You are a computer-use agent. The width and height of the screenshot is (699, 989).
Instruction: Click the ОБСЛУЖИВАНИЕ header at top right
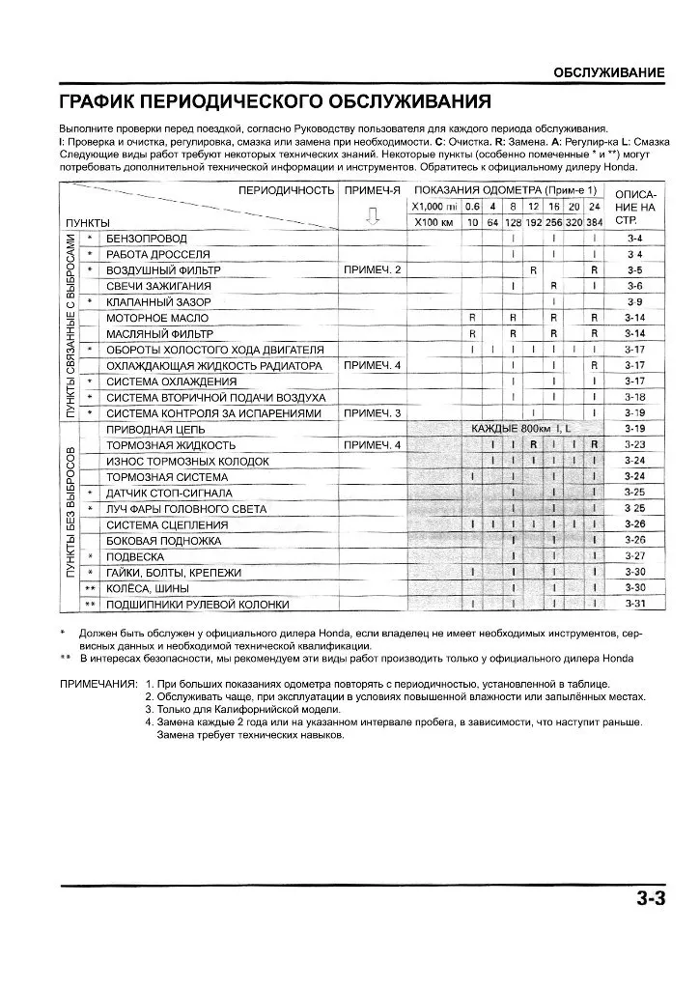pos(608,73)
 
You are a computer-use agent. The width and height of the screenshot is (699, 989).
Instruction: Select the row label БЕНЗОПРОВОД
pos(147,239)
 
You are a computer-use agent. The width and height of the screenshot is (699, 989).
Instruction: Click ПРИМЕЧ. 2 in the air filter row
pos(373,269)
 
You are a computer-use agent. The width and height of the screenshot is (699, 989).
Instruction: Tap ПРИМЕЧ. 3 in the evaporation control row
pos(373,413)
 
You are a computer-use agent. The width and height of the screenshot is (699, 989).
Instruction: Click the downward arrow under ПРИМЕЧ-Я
pos(373,217)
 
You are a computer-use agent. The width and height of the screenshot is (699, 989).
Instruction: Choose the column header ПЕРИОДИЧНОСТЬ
pos(287,190)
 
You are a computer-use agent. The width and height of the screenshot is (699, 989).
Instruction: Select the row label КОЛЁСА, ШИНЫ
pos(147,588)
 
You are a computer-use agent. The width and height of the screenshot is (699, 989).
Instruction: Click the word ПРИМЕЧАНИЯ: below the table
pos(98,683)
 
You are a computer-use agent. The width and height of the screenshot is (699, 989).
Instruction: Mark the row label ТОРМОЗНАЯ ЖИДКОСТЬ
pos(171,445)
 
